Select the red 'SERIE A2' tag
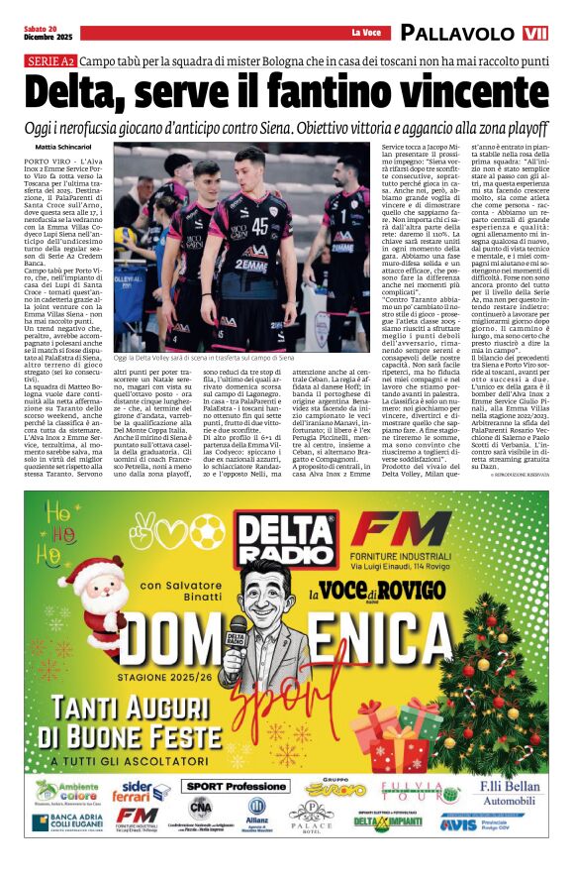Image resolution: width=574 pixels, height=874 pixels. pos(49,62)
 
